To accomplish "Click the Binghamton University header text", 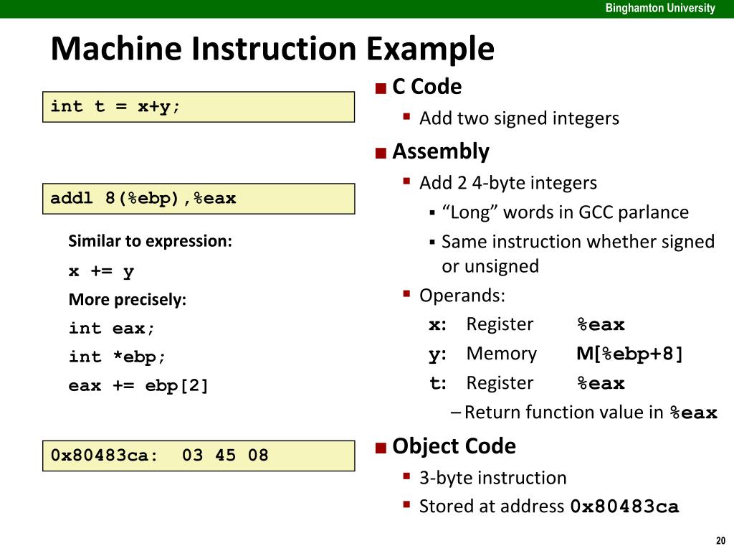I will (x=660, y=9).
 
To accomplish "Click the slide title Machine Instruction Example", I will (x=272, y=49).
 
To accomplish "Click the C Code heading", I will (x=426, y=87).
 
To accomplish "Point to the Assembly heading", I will (x=440, y=151).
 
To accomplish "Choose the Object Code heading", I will (x=454, y=446).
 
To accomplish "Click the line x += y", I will (x=101, y=271).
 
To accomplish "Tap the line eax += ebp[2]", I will (x=138, y=386).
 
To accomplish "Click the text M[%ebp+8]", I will (x=629, y=354).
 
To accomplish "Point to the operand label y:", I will (x=437, y=354).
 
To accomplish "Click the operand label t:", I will (x=437, y=383).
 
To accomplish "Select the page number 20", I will (x=720, y=541).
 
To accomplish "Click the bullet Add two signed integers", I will (x=519, y=118).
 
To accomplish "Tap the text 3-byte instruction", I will (x=492, y=478).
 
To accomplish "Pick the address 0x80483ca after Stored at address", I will (x=624, y=507).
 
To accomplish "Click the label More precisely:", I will (x=127, y=300).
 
